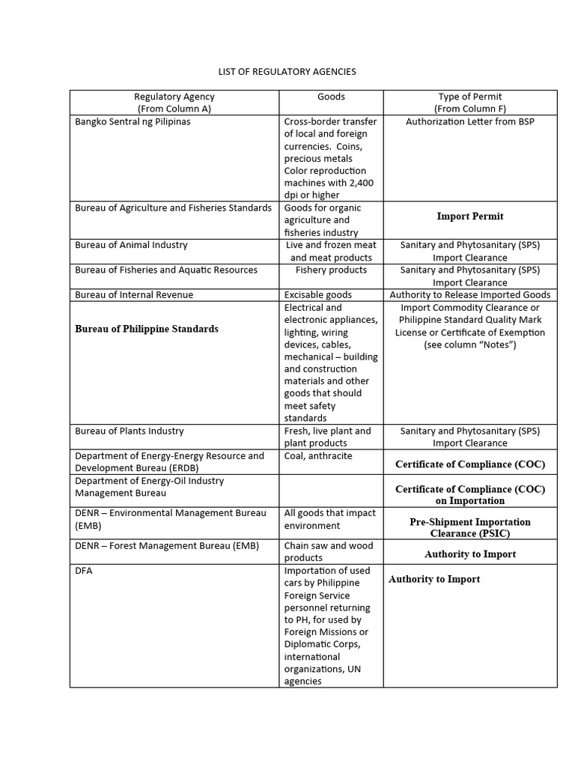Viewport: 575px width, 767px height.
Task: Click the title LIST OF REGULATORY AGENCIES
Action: (x=287, y=72)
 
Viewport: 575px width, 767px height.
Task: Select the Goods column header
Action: (x=331, y=97)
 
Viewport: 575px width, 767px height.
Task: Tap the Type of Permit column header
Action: (x=470, y=102)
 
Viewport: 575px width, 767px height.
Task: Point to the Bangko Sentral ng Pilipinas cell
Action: (x=133, y=121)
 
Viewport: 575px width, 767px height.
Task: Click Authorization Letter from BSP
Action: (x=470, y=121)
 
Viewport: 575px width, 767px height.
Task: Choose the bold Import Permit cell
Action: (x=470, y=216)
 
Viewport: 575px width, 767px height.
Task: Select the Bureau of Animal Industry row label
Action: (x=131, y=245)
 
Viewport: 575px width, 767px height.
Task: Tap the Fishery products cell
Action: (x=331, y=270)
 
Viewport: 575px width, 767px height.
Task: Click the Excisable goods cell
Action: (x=318, y=295)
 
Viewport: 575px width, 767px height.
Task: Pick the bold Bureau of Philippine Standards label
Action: (x=147, y=329)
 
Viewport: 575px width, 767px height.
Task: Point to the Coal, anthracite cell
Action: (x=318, y=455)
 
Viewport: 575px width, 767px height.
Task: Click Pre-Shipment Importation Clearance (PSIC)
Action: (x=470, y=527)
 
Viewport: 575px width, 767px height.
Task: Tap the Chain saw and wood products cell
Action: (x=329, y=551)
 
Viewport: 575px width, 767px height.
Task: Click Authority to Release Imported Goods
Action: (x=470, y=295)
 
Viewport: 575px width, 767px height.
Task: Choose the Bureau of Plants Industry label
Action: (x=129, y=431)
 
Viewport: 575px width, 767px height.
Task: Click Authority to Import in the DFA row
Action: (x=434, y=579)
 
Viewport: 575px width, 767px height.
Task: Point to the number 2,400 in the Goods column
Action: (x=359, y=184)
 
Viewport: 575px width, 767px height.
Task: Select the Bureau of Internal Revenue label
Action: (x=134, y=295)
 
